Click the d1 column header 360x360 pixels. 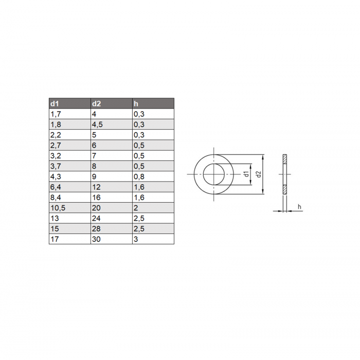point(70,103)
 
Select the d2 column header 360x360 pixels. point(112,103)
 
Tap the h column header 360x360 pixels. point(153,103)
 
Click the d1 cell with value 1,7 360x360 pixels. point(70,114)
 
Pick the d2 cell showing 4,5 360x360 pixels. point(112,124)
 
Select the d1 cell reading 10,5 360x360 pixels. point(70,208)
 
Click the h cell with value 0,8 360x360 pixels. point(153,176)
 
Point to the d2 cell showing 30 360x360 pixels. point(112,239)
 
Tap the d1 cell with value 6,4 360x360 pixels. point(70,187)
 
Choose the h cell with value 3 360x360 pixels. point(153,239)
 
